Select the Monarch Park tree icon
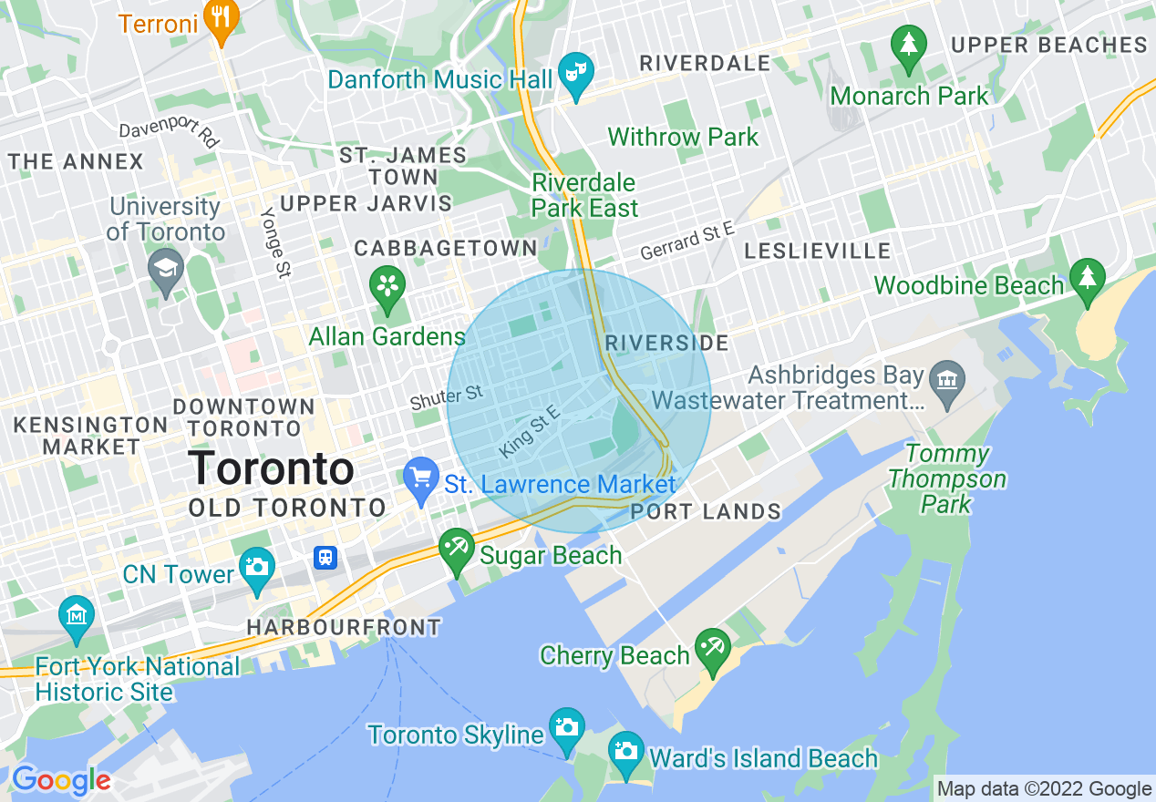tap(908, 45)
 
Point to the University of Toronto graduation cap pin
tap(166, 269)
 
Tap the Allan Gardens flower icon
tap(387, 284)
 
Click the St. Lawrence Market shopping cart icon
tap(421, 478)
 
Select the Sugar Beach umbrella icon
tap(456, 549)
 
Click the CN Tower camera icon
tap(257, 567)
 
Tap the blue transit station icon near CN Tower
tap(325, 557)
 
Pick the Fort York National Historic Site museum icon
tap(77, 615)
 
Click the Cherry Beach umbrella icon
tap(712, 648)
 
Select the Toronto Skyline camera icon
tap(566, 728)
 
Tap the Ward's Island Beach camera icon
tap(626, 751)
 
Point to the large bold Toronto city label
tap(271, 468)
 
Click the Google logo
tap(61, 781)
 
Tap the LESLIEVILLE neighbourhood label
tap(817, 251)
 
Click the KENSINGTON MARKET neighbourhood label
tap(90, 436)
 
